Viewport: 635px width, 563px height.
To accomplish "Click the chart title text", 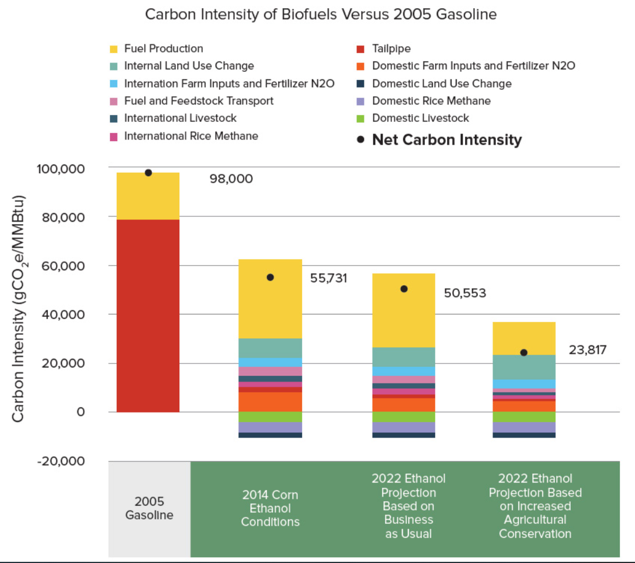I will (321, 15).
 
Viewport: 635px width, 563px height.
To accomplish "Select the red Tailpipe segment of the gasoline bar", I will (148, 315).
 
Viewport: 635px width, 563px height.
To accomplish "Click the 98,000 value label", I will (231, 179).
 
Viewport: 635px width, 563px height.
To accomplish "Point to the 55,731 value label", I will (328, 278).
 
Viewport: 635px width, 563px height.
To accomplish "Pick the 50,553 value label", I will (465, 292).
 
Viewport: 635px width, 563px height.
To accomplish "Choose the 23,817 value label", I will (588, 350).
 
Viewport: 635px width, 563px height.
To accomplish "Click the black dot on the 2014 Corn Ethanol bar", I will (270, 277).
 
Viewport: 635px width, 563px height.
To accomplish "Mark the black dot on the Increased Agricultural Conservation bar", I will (524, 352).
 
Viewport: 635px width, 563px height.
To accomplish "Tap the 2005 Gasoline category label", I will (150, 508).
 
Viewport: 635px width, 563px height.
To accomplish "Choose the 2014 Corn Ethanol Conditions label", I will (270, 508).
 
